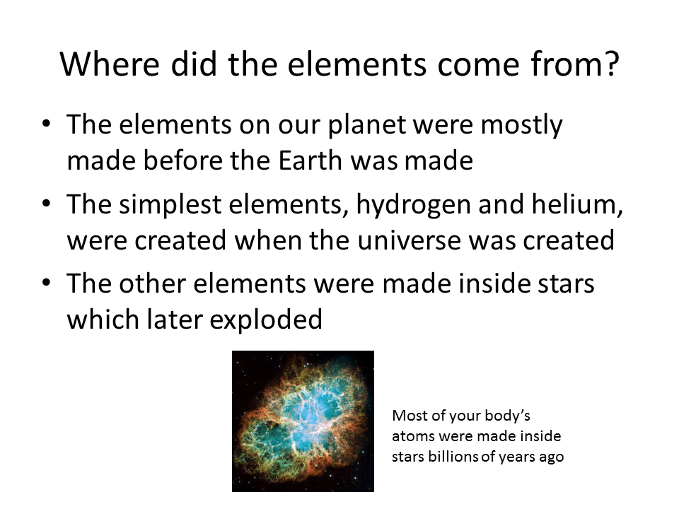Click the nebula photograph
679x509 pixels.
(303, 421)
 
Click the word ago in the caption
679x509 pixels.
(551, 457)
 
